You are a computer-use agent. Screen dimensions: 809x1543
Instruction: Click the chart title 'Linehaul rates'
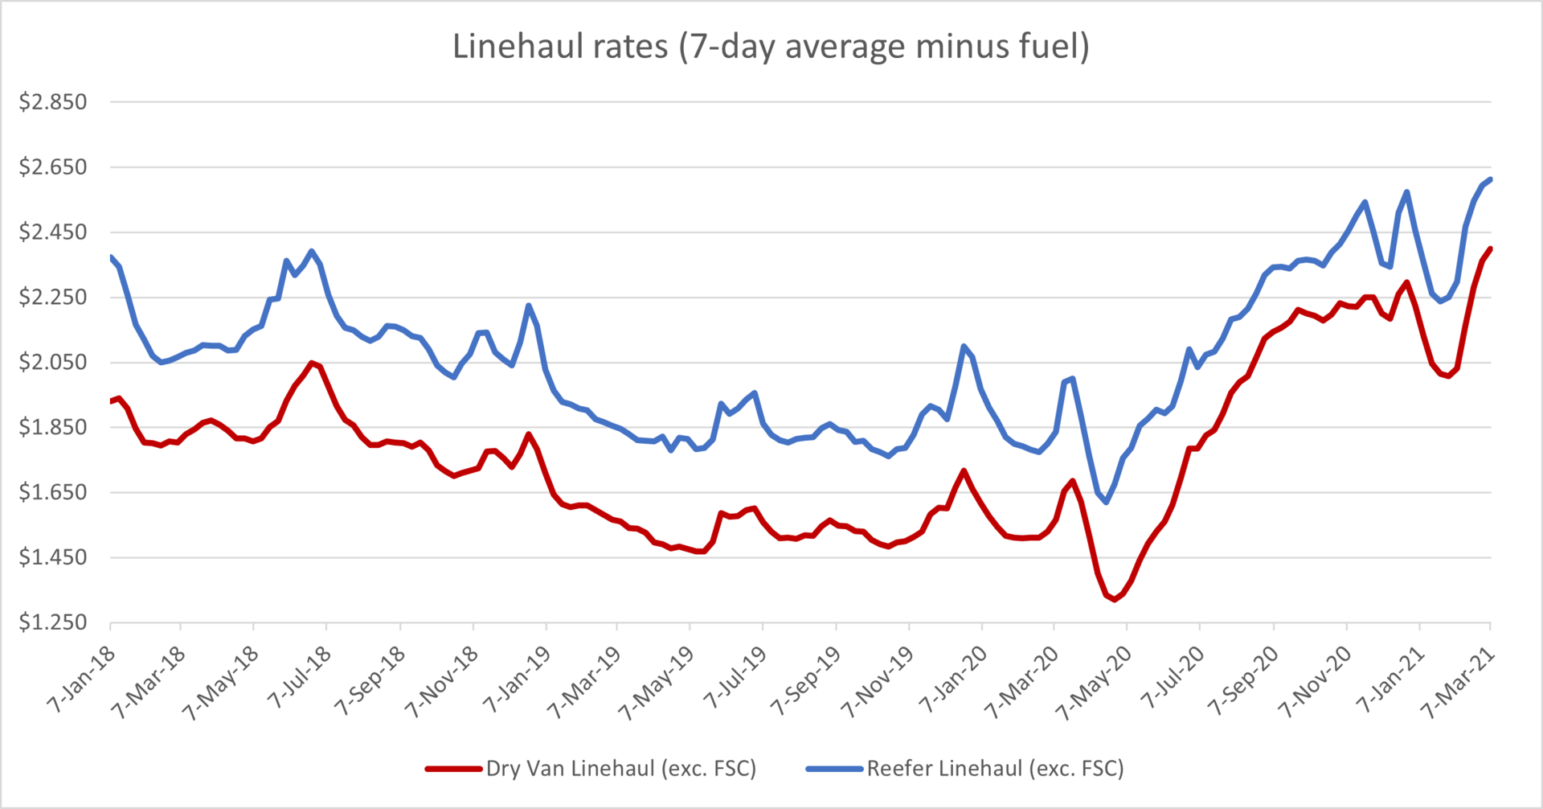[770, 47]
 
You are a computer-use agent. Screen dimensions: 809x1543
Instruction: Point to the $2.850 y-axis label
[53, 102]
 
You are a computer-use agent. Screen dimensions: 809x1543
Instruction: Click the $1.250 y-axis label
[53, 622]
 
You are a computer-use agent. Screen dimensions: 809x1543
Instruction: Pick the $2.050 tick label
[53, 362]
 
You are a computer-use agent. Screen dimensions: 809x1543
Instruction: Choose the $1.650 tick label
[53, 492]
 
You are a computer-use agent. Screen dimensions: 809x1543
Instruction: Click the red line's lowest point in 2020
[1114, 599]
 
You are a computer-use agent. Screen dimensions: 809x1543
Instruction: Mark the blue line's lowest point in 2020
[1107, 502]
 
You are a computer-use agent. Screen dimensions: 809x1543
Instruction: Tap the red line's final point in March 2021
[1490, 249]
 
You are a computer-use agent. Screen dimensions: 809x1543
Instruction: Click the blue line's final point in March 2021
[1490, 179]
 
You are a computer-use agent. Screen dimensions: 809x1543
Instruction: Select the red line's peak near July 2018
[312, 363]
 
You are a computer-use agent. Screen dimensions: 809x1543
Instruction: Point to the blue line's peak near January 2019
[528, 306]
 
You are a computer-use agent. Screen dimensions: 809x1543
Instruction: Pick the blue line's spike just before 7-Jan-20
[964, 347]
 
